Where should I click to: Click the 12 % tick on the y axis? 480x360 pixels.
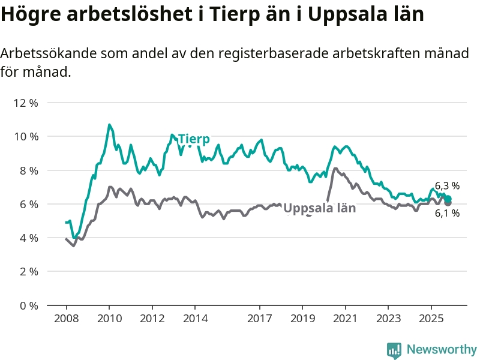pyautogui.click(x=26, y=103)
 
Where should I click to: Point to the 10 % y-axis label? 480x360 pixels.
pyautogui.click(x=26, y=136)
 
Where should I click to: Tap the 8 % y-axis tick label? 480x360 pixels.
pyautogui.click(x=28, y=170)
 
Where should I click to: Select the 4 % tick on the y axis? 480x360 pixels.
pyautogui.click(x=28, y=238)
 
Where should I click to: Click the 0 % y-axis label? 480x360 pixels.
pyautogui.click(x=28, y=305)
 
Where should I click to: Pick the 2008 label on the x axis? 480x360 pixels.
pyautogui.click(x=66, y=317)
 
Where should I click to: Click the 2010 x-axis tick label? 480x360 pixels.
pyautogui.click(x=109, y=317)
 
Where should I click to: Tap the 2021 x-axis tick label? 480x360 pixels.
pyautogui.click(x=346, y=317)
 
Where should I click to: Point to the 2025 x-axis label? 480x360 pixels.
pyautogui.click(x=431, y=317)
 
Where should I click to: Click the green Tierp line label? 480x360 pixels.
pyautogui.click(x=194, y=139)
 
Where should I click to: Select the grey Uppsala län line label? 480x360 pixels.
pyautogui.click(x=319, y=208)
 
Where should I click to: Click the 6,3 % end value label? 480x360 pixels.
pyautogui.click(x=447, y=186)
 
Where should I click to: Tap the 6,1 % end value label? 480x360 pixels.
pyautogui.click(x=447, y=213)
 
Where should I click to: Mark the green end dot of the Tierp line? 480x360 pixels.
pyautogui.click(x=448, y=199)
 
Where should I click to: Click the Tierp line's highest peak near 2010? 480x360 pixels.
pyautogui.click(x=109, y=125)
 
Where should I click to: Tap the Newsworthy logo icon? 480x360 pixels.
pyautogui.click(x=394, y=349)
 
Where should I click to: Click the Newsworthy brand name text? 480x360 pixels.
pyautogui.click(x=442, y=349)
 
